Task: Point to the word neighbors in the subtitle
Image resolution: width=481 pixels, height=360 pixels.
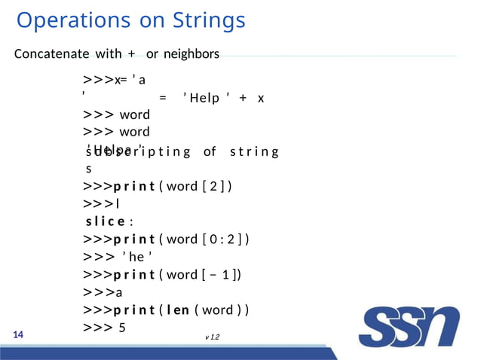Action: (191, 54)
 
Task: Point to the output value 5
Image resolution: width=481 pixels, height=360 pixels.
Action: (121, 328)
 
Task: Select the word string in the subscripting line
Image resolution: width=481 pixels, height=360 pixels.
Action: (254, 152)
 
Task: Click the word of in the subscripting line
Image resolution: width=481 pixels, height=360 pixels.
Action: (210, 152)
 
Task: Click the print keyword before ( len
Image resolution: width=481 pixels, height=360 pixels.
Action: (134, 310)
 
